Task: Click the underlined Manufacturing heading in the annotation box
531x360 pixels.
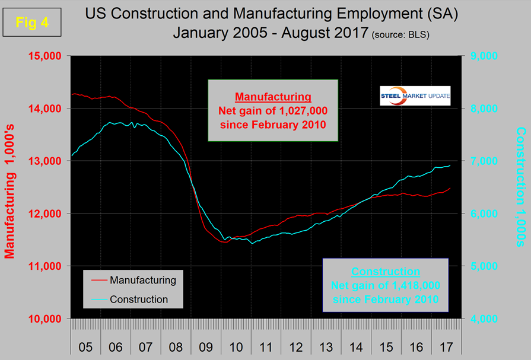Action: coord(273,96)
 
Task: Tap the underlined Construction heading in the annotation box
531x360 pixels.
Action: coord(386,272)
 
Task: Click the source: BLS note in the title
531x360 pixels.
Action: coord(401,34)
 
